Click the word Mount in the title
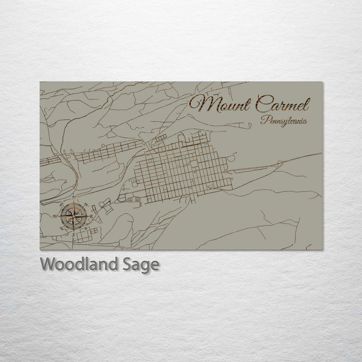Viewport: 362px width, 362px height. (219, 106)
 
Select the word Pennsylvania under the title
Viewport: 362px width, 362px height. (284, 121)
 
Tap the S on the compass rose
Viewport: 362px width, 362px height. (73, 234)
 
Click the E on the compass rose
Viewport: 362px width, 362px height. (93, 217)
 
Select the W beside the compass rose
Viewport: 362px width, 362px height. (55, 217)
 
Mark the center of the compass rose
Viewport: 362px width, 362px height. (73, 217)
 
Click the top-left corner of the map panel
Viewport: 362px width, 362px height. (40, 82)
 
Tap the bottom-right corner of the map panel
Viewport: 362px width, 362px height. (322, 250)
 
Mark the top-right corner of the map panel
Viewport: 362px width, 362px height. (322, 82)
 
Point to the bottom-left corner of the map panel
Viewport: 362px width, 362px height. (40, 250)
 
